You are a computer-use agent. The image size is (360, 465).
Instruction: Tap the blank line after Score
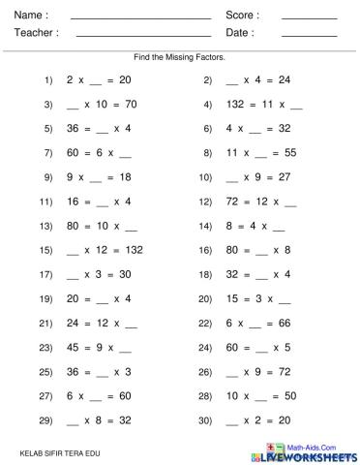[x=310, y=18]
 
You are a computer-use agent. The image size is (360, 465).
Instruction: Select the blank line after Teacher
[x=143, y=36]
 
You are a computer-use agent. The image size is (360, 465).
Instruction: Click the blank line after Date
[x=310, y=36]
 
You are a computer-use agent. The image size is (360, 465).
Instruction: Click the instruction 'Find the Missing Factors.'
[x=180, y=57]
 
